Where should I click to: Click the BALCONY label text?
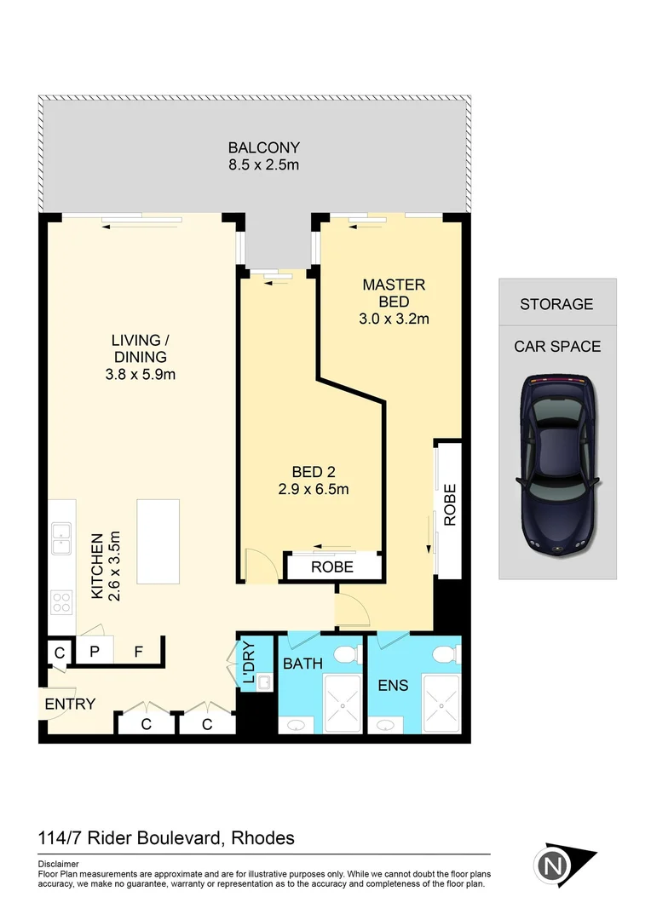click(x=263, y=147)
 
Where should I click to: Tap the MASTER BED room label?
click(x=394, y=293)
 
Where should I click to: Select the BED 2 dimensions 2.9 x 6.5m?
click(x=314, y=489)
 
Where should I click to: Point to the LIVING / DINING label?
click(x=139, y=349)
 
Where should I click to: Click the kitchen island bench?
click(x=158, y=541)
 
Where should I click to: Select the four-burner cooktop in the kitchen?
click(x=62, y=602)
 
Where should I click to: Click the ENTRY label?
click(x=70, y=704)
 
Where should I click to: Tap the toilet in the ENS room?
click(x=442, y=655)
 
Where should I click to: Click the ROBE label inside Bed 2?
click(x=332, y=566)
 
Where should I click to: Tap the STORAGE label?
click(x=556, y=304)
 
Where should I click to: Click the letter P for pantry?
click(x=95, y=653)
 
